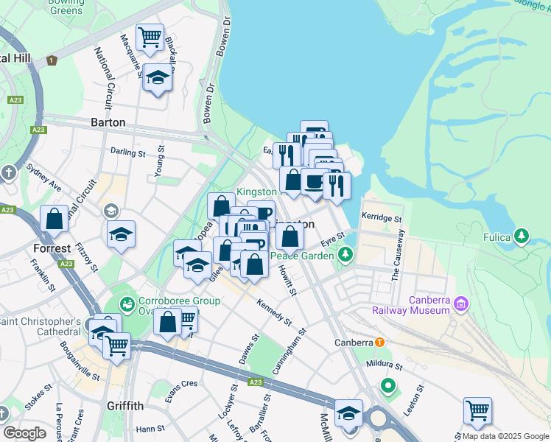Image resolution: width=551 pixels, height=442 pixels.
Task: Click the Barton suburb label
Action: pos(108,122)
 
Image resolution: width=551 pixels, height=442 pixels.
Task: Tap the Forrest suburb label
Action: pos(52,248)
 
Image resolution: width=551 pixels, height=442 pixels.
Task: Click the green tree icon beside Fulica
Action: pos(522,236)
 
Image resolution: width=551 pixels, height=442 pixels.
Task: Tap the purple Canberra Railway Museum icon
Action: pos(461,303)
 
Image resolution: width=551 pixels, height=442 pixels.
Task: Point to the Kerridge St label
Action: pos(381,219)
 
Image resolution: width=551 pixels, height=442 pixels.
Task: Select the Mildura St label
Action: pos(382,365)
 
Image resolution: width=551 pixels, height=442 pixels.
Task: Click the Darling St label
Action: pos(128,152)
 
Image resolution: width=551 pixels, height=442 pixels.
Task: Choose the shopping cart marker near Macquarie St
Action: pos(150,36)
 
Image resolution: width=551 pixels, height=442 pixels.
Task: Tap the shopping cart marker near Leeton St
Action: pos(477,410)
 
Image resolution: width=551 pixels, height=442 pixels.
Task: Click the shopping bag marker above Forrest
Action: pos(55,218)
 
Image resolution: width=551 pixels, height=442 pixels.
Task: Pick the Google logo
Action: pos(25,433)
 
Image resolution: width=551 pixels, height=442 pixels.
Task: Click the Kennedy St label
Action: pos(274,310)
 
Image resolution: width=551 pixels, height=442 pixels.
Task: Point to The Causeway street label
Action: pos(398,255)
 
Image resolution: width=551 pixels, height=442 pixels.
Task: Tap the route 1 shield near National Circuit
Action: pos(52,60)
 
